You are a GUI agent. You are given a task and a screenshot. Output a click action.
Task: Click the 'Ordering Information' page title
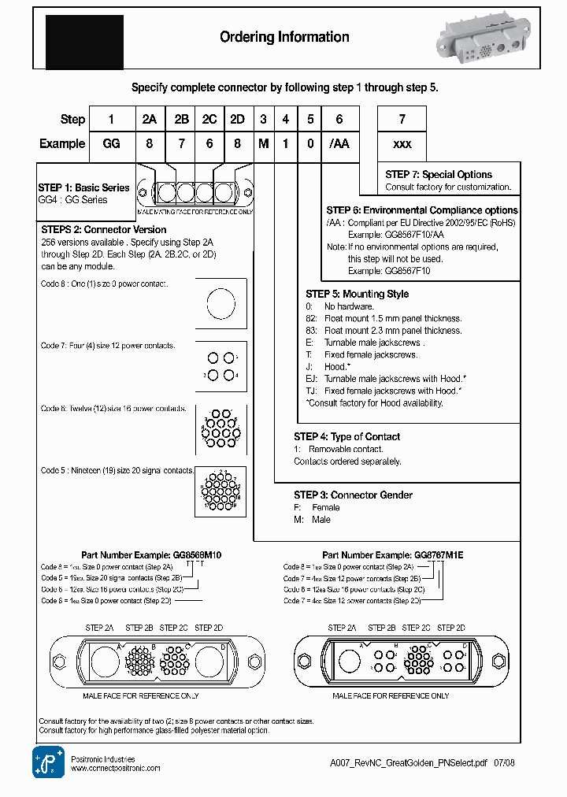pyautogui.click(x=284, y=37)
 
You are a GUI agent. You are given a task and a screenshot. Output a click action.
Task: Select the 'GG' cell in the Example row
pyautogui.click(x=111, y=143)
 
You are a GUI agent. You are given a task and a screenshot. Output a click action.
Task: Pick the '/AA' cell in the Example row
pyautogui.click(x=339, y=143)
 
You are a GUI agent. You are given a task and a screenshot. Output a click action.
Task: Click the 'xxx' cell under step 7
pyautogui.click(x=402, y=143)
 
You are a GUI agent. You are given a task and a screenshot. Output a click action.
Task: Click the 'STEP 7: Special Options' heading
pyautogui.click(x=439, y=175)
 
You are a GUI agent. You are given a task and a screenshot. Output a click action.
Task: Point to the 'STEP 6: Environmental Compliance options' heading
pyautogui.click(x=422, y=210)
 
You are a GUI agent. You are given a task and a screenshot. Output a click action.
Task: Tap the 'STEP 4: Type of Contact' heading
pyautogui.click(x=346, y=436)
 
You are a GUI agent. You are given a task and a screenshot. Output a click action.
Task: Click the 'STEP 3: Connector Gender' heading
pyautogui.click(x=353, y=495)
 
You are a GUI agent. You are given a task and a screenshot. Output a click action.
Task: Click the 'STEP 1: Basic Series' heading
pyautogui.click(x=83, y=187)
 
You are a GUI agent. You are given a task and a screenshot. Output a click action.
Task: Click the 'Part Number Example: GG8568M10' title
pyautogui.click(x=151, y=555)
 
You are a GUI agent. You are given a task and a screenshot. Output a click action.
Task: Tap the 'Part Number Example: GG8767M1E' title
pyautogui.click(x=393, y=555)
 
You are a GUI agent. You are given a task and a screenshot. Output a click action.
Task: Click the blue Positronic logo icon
pyautogui.click(x=48, y=761)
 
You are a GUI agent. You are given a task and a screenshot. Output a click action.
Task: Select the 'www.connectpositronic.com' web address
pyautogui.click(x=116, y=768)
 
